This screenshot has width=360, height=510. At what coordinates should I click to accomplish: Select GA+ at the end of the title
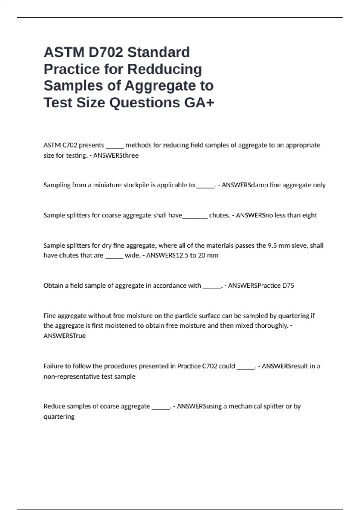click(x=199, y=102)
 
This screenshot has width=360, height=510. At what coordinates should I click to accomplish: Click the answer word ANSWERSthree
click(x=116, y=155)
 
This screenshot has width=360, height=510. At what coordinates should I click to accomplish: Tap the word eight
click(x=310, y=215)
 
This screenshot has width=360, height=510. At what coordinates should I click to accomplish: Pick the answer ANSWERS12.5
click(x=167, y=255)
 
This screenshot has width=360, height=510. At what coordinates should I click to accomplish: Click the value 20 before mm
click(x=202, y=255)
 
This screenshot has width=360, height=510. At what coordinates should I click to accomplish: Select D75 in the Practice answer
click(x=288, y=286)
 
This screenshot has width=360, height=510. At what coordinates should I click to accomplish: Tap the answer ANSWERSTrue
click(x=64, y=336)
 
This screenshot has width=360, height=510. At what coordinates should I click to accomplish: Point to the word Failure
click(x=53, y=366)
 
